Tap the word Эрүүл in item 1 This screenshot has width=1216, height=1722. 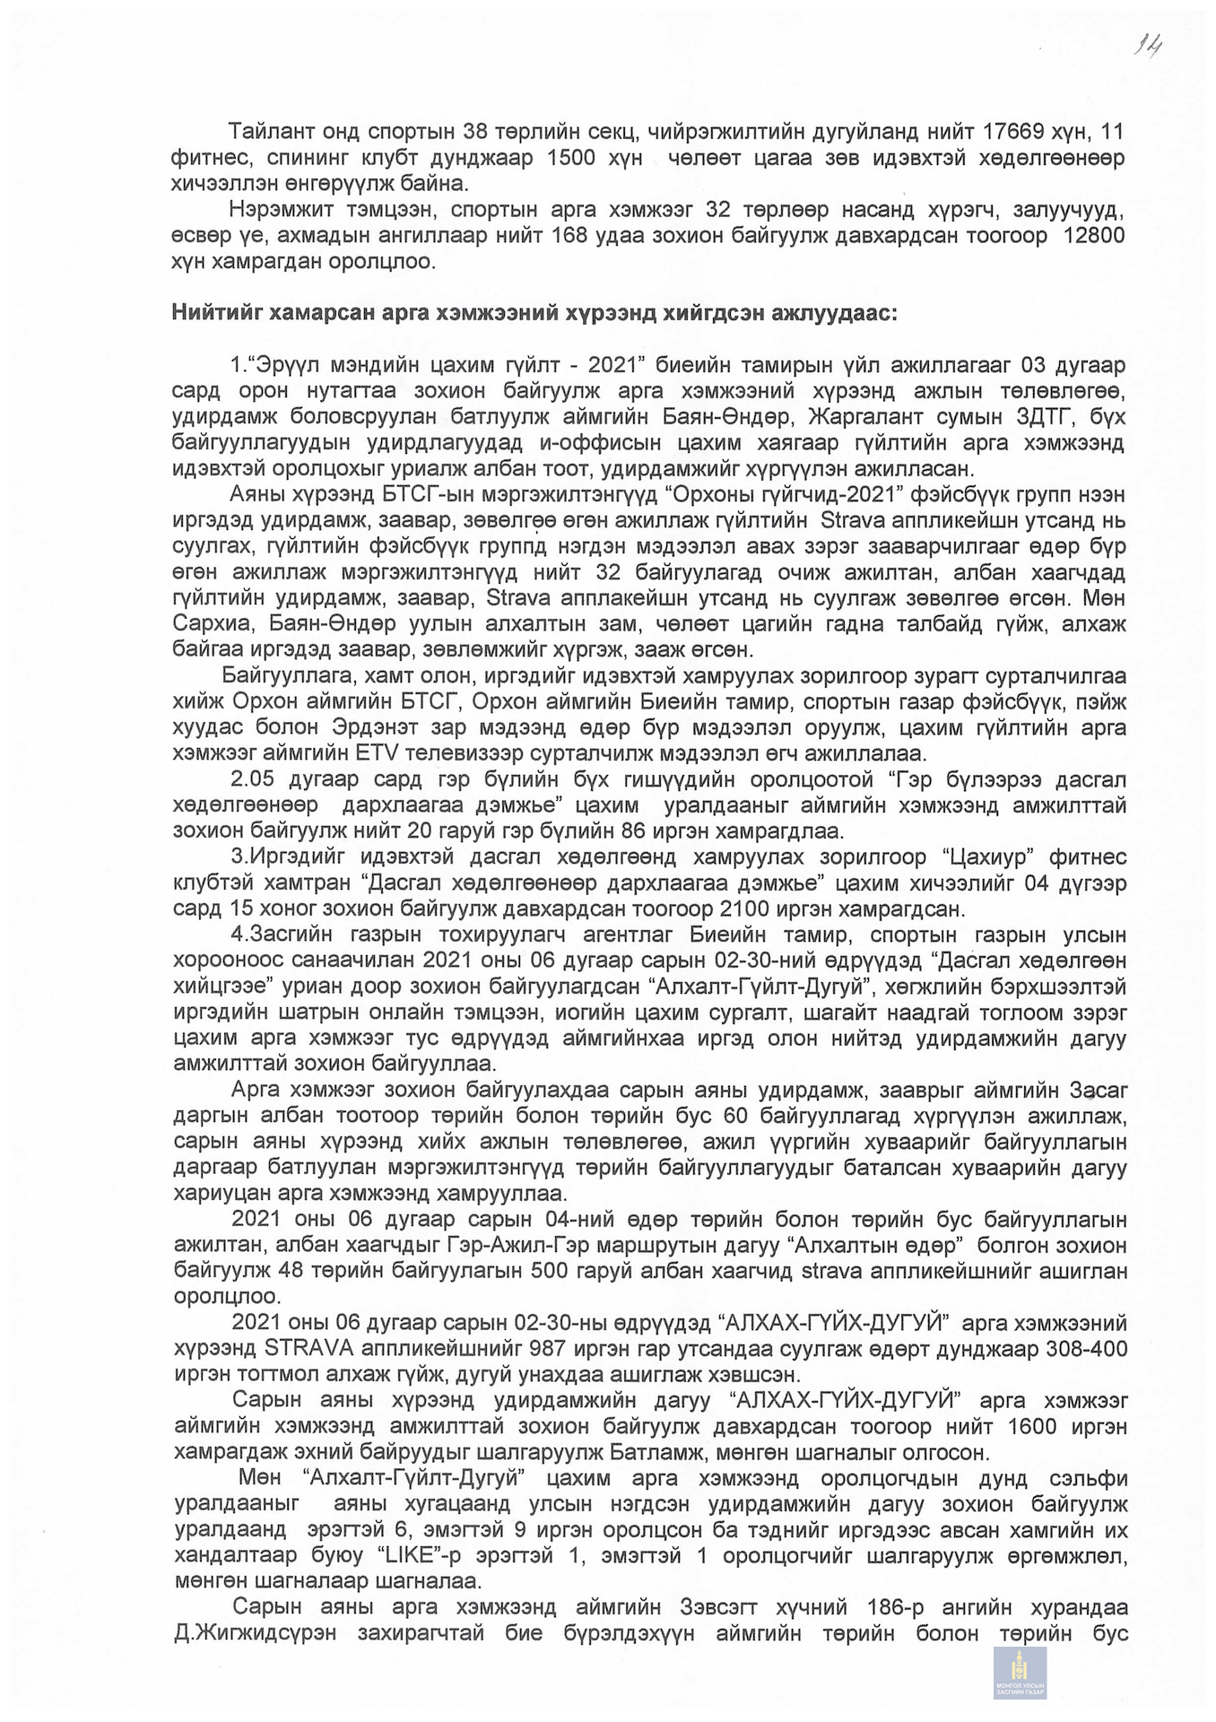pyautogui.click(x=286, y=365)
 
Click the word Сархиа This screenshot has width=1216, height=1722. pyautogui.click(x=209, y=624)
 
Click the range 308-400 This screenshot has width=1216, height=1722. pyautogui.click(x=1087, y=1349)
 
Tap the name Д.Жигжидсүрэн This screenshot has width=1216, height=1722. pyautogui.click(x=256, y=1632)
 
